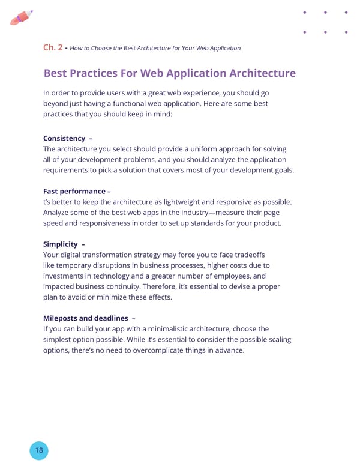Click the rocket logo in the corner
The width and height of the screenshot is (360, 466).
click(21, 18)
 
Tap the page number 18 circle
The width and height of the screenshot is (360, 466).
click(38, 450)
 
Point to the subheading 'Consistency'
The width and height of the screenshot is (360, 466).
click(64, 138)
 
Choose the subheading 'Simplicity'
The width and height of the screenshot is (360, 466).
click(61, 244)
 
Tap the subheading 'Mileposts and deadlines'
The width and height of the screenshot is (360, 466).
click(84, 318)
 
